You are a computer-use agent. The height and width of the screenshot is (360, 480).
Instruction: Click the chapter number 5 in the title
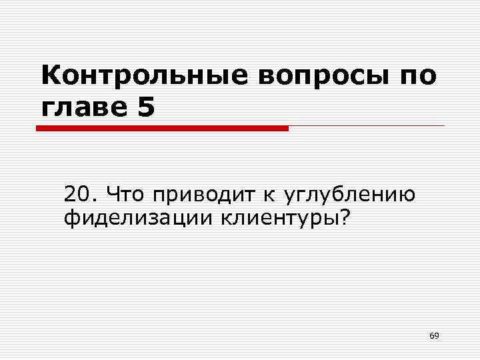click(145, 107)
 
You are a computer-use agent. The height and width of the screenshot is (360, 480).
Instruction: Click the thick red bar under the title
click(163, 128)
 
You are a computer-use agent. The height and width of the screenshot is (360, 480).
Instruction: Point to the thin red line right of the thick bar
click(366, 126)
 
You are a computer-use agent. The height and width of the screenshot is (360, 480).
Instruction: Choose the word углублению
click(350, 196)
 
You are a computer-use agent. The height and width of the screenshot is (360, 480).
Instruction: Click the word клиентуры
click(276, 217)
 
